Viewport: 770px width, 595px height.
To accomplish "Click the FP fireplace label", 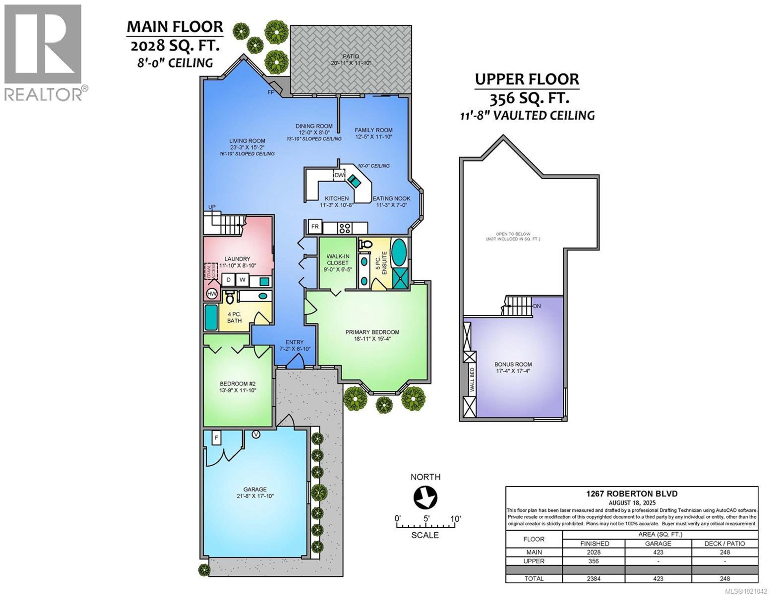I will pyautogui.click(x=271, y=92).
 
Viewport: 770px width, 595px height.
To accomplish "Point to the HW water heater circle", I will pyautogui.click(x=212, y=293).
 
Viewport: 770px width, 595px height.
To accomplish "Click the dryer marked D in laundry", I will pyautogui.click(x=228, y=280).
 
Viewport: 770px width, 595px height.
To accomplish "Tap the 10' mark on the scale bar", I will pyautogui.click(x=455, y=519).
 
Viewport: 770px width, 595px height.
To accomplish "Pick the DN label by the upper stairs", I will pyautogui.click(x=537, y=306).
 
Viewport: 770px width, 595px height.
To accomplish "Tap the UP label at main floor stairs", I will pyautogui.click(x=212, y=207).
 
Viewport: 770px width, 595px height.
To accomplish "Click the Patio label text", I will pyautogui.click(x=351, y=56).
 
